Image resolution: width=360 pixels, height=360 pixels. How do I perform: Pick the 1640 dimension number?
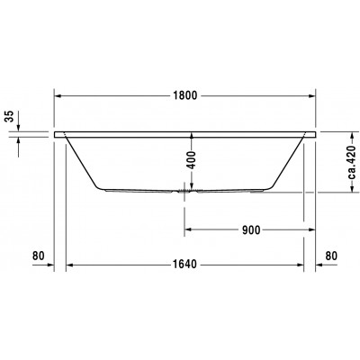(185, 265)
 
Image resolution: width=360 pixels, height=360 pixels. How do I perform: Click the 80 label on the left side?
(38, 256)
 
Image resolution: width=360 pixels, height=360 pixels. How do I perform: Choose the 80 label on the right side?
(331, 256)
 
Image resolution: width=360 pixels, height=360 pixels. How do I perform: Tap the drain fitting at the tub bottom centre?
(185, 191)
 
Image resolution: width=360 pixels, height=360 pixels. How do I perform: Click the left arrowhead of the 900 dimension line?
(188, 229)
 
